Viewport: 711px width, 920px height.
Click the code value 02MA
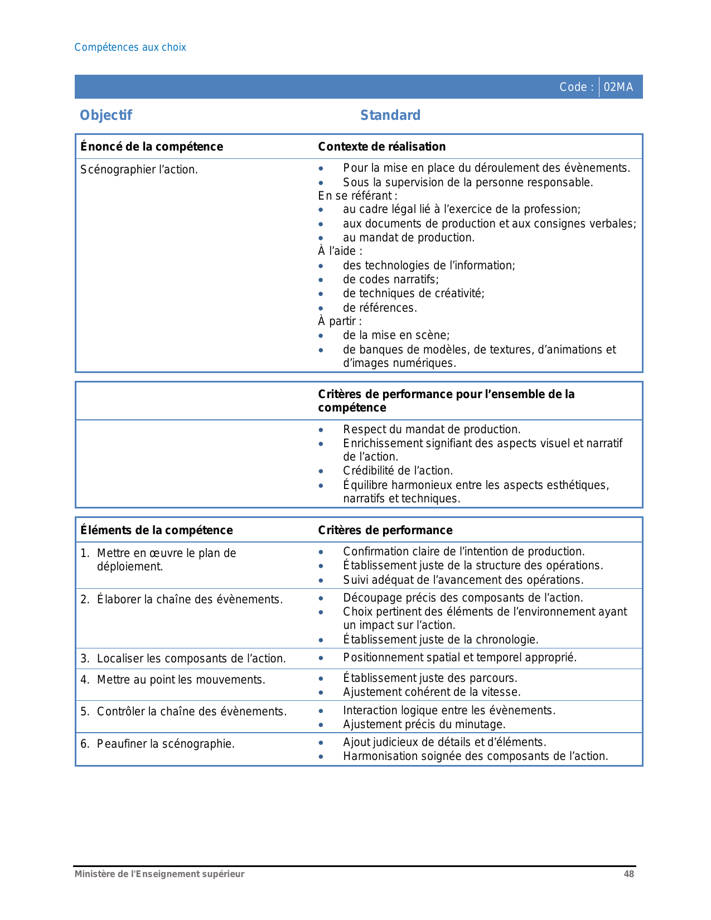click(x=618, y=87)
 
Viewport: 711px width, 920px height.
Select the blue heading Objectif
click(x=106, y=115)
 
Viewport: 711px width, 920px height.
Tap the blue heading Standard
click(x=390, y=115)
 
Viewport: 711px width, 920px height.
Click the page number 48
click(x=629, y=874)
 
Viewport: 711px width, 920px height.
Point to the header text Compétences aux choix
click(x=130, y=47)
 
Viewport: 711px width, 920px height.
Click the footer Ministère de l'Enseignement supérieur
click(x=159, y=874)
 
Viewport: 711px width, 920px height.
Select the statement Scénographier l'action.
click(x=139, y=170)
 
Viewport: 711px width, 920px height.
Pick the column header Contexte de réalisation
click(x=382, y=147)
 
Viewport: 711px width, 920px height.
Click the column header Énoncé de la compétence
click(x=152, y=147)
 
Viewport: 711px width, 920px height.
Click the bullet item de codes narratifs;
click(x=391, y=279)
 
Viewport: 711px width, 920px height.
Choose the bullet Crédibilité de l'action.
click(x=398, y=471)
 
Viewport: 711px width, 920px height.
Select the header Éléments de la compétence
click(x=157, y=530)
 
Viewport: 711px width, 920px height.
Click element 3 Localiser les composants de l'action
click(x=191, y=658)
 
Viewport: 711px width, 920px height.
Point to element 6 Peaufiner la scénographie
click(x=166, y=744)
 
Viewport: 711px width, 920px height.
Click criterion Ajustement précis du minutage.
click(x=424, y=724)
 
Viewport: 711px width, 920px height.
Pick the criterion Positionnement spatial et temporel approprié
click(x=460, y=657)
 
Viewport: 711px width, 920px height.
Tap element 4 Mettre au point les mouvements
click(x=181, y=680)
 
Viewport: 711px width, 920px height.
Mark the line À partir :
click(x=340, y=321)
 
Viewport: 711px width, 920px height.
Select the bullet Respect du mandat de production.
click(x=432, y=429)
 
